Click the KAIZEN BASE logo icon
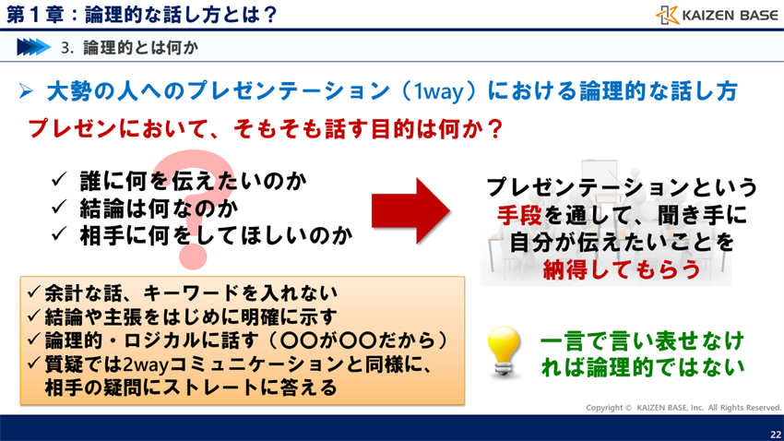point(668,15)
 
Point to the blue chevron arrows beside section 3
point(31,45)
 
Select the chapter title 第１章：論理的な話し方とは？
point(139,14)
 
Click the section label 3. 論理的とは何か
point(128,45)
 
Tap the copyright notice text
point(683,407)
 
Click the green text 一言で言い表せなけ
point(642,340)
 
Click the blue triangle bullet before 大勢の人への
point(26,91)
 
